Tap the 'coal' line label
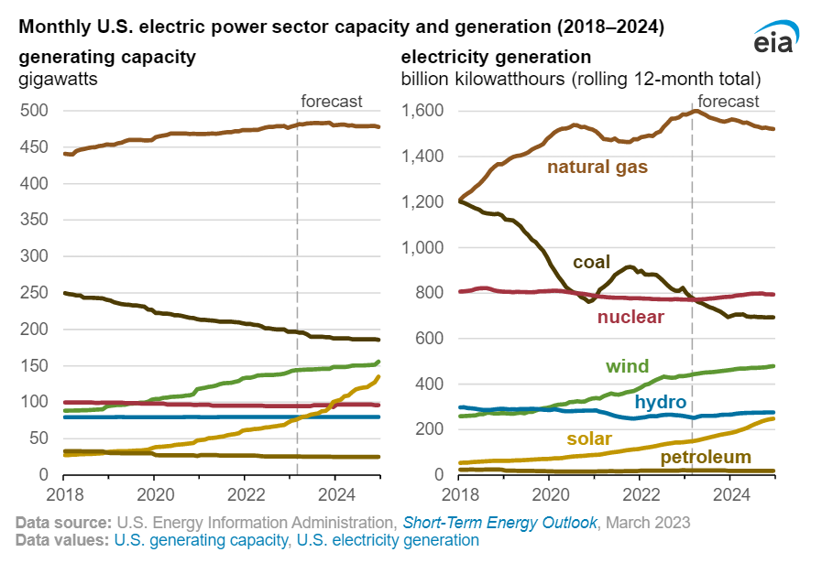[x=591, y=263]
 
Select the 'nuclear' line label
[x=630, y=318]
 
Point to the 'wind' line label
[x=627, y=366]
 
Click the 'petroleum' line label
[x=707, y=457]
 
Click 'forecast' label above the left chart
[x=333, y=101]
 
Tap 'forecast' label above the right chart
[x=729, y=101]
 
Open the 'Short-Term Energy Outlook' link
[x=499, y=522]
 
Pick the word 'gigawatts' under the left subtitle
[x=59, y=79]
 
